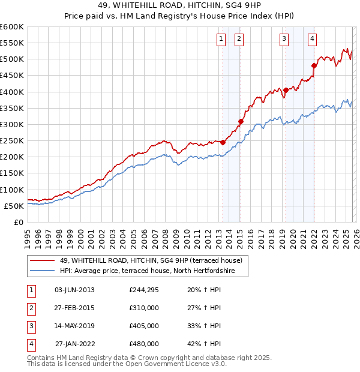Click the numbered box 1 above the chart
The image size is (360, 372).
click(x=221, y=40)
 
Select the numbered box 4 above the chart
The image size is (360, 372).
click(x=313, y=40)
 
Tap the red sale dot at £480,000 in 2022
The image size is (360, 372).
click(x=314, y=65)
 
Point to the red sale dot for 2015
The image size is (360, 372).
click(x=241, y=121)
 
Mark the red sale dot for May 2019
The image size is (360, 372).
click(x=286, y=90)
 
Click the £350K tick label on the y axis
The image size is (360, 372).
click(x=12, y=109)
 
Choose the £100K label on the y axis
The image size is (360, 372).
click(x=12, y=190)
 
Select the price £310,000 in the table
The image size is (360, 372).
click(x=144, y=308)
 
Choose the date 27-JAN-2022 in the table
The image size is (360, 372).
click(x=75, y=344)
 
